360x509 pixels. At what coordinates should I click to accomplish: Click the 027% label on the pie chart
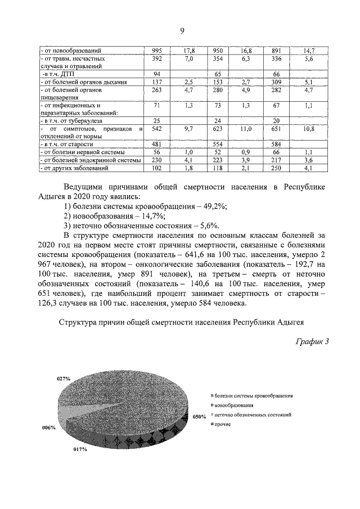[63, 379]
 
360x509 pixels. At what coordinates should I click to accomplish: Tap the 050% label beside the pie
[200, 417]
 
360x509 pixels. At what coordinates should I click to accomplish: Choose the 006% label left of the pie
[48, 427]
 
